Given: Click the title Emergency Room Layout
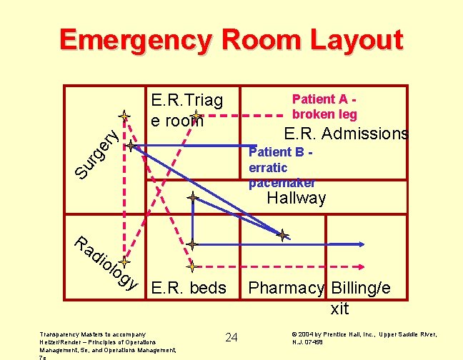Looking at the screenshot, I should (231, 40).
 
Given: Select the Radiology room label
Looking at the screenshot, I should (104, 263).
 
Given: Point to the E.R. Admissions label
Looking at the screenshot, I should (346, 134).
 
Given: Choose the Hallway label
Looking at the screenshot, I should (296, 198).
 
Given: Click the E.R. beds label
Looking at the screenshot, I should (189, 289).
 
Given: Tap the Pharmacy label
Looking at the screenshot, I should (284, 289).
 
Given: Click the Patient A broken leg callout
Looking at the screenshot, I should (324, 108).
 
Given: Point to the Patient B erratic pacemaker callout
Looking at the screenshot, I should (280, 167).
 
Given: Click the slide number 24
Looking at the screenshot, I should (231, 337).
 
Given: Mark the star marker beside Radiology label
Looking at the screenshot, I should (124, 262).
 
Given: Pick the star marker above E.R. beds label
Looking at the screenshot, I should (192, 266).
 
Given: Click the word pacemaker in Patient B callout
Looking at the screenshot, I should (282, 183).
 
